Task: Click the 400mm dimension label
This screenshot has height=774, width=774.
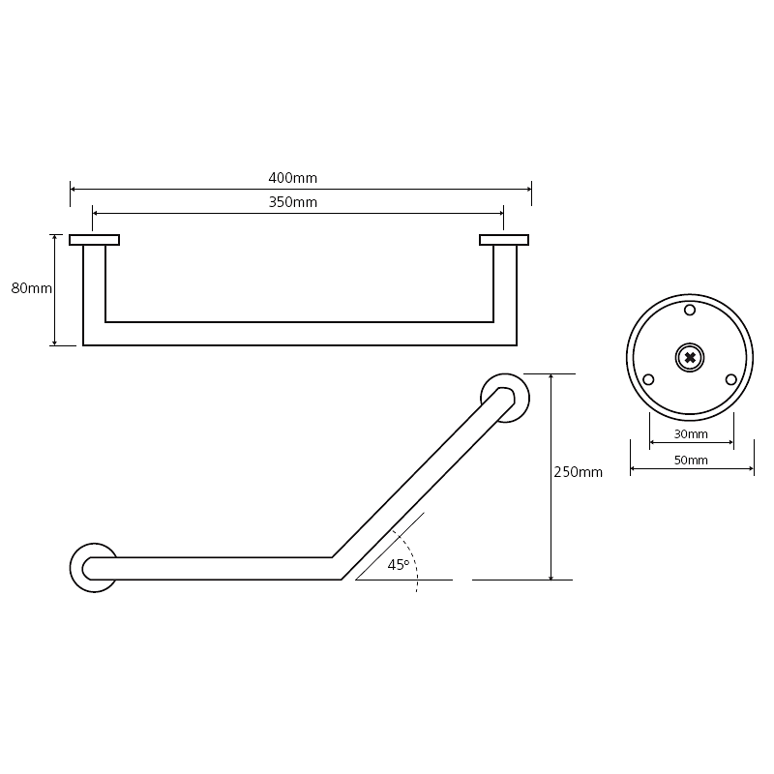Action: tap(293, 178)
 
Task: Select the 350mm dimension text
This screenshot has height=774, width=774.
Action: tap(293, 202)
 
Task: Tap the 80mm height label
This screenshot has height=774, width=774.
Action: tap(32, 288)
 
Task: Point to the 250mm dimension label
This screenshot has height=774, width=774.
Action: tap(578, 472)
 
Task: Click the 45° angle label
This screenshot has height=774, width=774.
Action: tap(399, 565)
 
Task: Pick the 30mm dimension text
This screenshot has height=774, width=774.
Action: tap(691, 433)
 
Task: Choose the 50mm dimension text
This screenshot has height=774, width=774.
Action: tap(691, 461)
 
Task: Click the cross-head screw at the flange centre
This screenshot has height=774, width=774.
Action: tap(690, 358)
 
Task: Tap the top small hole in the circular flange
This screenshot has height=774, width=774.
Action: tap(690, 310)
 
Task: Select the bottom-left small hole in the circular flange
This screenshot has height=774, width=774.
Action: tap(648, 379)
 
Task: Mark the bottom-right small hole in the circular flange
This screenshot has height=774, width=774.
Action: tap(731, 379)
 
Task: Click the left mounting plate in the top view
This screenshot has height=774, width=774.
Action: tap(94, 240)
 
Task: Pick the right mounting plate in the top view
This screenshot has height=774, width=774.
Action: tap(504, 240)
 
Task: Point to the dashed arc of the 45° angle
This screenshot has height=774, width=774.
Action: tap(414, 557)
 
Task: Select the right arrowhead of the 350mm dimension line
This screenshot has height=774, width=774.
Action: tap(500, 213)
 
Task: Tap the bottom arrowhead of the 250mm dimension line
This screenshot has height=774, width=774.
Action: tap(551, 577)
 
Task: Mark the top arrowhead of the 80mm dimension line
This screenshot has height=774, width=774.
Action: tap(55, 238)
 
